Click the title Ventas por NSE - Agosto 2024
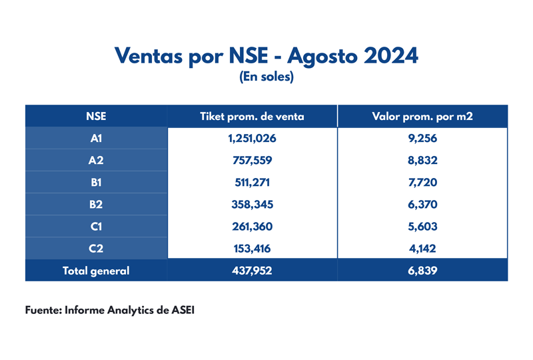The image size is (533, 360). coord(266,55)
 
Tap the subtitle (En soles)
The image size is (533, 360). coord(266,77)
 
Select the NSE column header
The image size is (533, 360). coord(96,116)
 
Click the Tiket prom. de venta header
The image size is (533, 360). coord(252,116)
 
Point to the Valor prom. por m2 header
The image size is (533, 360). coord(422,116)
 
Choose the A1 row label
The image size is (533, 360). coord(96,139)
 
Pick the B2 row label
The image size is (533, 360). coord(96,205)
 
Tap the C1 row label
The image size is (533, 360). coord(96,227)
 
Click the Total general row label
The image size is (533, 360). coord(96,271)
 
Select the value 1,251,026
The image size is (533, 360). coord(252,139)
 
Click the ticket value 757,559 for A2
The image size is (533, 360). coord(252,161)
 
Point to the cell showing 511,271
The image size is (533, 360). coord(252,183)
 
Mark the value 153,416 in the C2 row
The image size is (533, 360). coord(252,249)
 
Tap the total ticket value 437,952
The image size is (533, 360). coord(252,271)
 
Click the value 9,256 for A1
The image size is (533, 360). coord(422,139)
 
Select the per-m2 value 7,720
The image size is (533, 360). coord(422,183)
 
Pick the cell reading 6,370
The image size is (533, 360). coord(422,205)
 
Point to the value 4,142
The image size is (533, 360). coord(422,249)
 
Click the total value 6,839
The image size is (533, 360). coord(422,271)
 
